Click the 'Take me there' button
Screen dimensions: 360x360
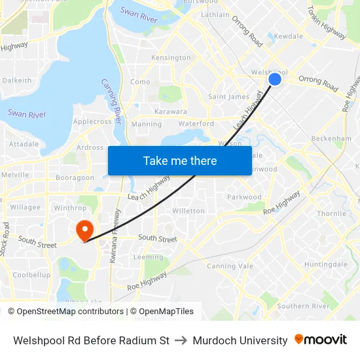coord(180,160)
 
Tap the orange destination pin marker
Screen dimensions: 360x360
coord(84,230)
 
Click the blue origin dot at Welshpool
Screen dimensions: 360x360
coord(275,79)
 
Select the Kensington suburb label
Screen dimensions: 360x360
coord(171,58)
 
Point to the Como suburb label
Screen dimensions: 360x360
coord(140,82)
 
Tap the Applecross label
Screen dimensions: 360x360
coord(92,122)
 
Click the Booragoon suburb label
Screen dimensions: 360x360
coord(75,177)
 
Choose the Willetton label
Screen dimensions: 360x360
coord(188,211)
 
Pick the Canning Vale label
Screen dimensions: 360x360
coord(229,266)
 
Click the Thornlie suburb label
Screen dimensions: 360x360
coord(331,213)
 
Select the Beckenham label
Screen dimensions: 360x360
coord(331,139)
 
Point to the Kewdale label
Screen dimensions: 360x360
coord(288,37)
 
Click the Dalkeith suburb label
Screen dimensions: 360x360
coord(17,81)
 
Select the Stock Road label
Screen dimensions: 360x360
coord(7,239)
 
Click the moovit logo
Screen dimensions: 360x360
coord(321,340)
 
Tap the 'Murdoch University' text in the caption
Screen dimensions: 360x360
coord(240,340)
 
